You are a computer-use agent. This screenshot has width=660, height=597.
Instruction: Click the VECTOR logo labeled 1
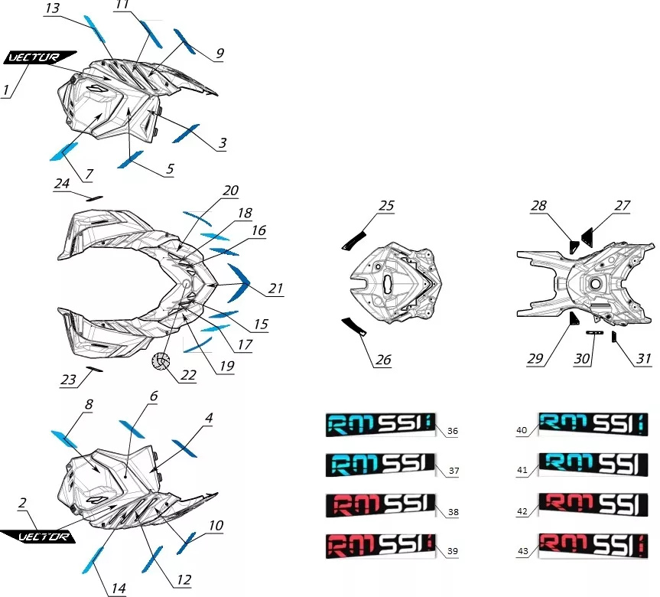pyautogui.click(x=39, y=57)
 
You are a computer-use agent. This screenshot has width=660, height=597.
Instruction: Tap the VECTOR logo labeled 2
pyautogui.click(x=39, y=537)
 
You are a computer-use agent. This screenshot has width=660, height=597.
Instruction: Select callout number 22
pyautogui.click(x=188, y=374)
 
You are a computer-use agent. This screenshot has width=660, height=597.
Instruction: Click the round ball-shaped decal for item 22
pyautogui.click(x=161, y=361)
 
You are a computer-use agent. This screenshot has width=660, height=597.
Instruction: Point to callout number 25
pyautogui.click(x=386, y=206)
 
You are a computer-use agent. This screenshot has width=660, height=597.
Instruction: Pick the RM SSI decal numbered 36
pyautogui.click(x=380, y=424)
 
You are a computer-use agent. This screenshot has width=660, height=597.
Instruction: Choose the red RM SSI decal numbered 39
pyautogui.click(x=380, y=546)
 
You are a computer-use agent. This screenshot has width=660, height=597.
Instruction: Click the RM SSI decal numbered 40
pyautogui.click(x=593, y=424)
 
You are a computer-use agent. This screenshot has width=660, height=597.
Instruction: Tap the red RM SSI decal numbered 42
pyautogui.click(x=593, y=504)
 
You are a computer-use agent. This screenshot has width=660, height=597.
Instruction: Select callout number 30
pyautogui.click(x=582, y=358)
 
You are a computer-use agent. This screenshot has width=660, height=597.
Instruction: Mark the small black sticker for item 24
pyautogui.click(x=94, y=198)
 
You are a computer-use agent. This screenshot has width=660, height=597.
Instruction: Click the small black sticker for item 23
pyautogui.click(x=94, y=370)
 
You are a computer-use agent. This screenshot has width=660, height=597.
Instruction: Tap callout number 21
pyautogui.click(x=276, y=289)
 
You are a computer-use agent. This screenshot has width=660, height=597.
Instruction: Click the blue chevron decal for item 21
pyautogui.click(x=239, y=282)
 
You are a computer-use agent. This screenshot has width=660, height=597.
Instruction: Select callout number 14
pyautogui.click(x=119, y=588)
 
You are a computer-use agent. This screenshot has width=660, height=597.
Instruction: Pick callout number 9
pyautogui.click(x=219, y=54)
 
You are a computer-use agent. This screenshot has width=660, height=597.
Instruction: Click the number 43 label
pyautogui.click(x=522, y=551)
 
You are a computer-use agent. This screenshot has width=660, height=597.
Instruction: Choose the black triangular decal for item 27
pyautogui.click(x=588, y=237)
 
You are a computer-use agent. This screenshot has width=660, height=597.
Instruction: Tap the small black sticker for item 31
pyautogui.click(x=614, y=337)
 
